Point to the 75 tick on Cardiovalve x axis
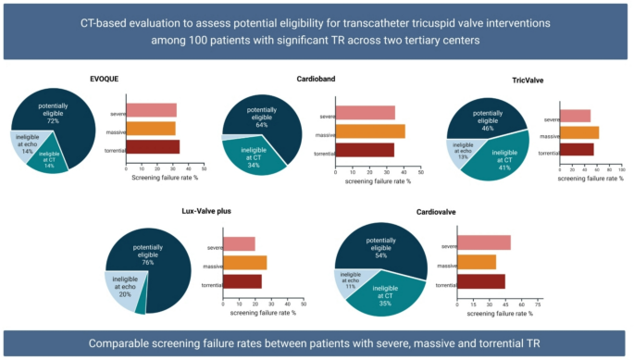coord(538,304)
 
